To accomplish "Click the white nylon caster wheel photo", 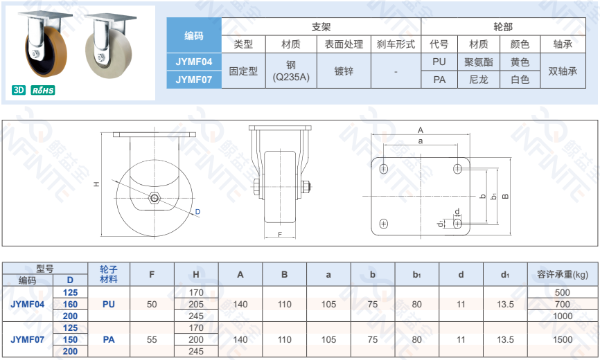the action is tap(109, 46).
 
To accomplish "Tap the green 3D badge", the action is tap(19, 90).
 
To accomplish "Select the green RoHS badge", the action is tap(43, 90).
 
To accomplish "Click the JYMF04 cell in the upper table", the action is tap(193, 62).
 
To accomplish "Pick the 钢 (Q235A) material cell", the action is tap(291, 71).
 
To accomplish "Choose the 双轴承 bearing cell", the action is tap(563, 71).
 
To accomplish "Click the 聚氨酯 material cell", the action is tap(478, 62).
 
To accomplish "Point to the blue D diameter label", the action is tap(197, 211).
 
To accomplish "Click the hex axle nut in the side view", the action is tap(155, 197).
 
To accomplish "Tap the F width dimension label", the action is tap(280, 234).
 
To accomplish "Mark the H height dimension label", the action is tap(97, 184).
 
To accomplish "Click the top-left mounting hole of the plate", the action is tap(383, 168).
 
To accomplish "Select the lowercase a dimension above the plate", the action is tap(420, 141).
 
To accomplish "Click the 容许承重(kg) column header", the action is tap(563, 274).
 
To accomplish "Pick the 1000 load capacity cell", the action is tap(563, 316).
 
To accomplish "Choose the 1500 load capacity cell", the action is tap(563, 339).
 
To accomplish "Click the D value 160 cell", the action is tap(71, 304).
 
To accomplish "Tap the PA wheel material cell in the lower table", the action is tap(109, 339).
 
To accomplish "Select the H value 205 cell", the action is tap(196, 304).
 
